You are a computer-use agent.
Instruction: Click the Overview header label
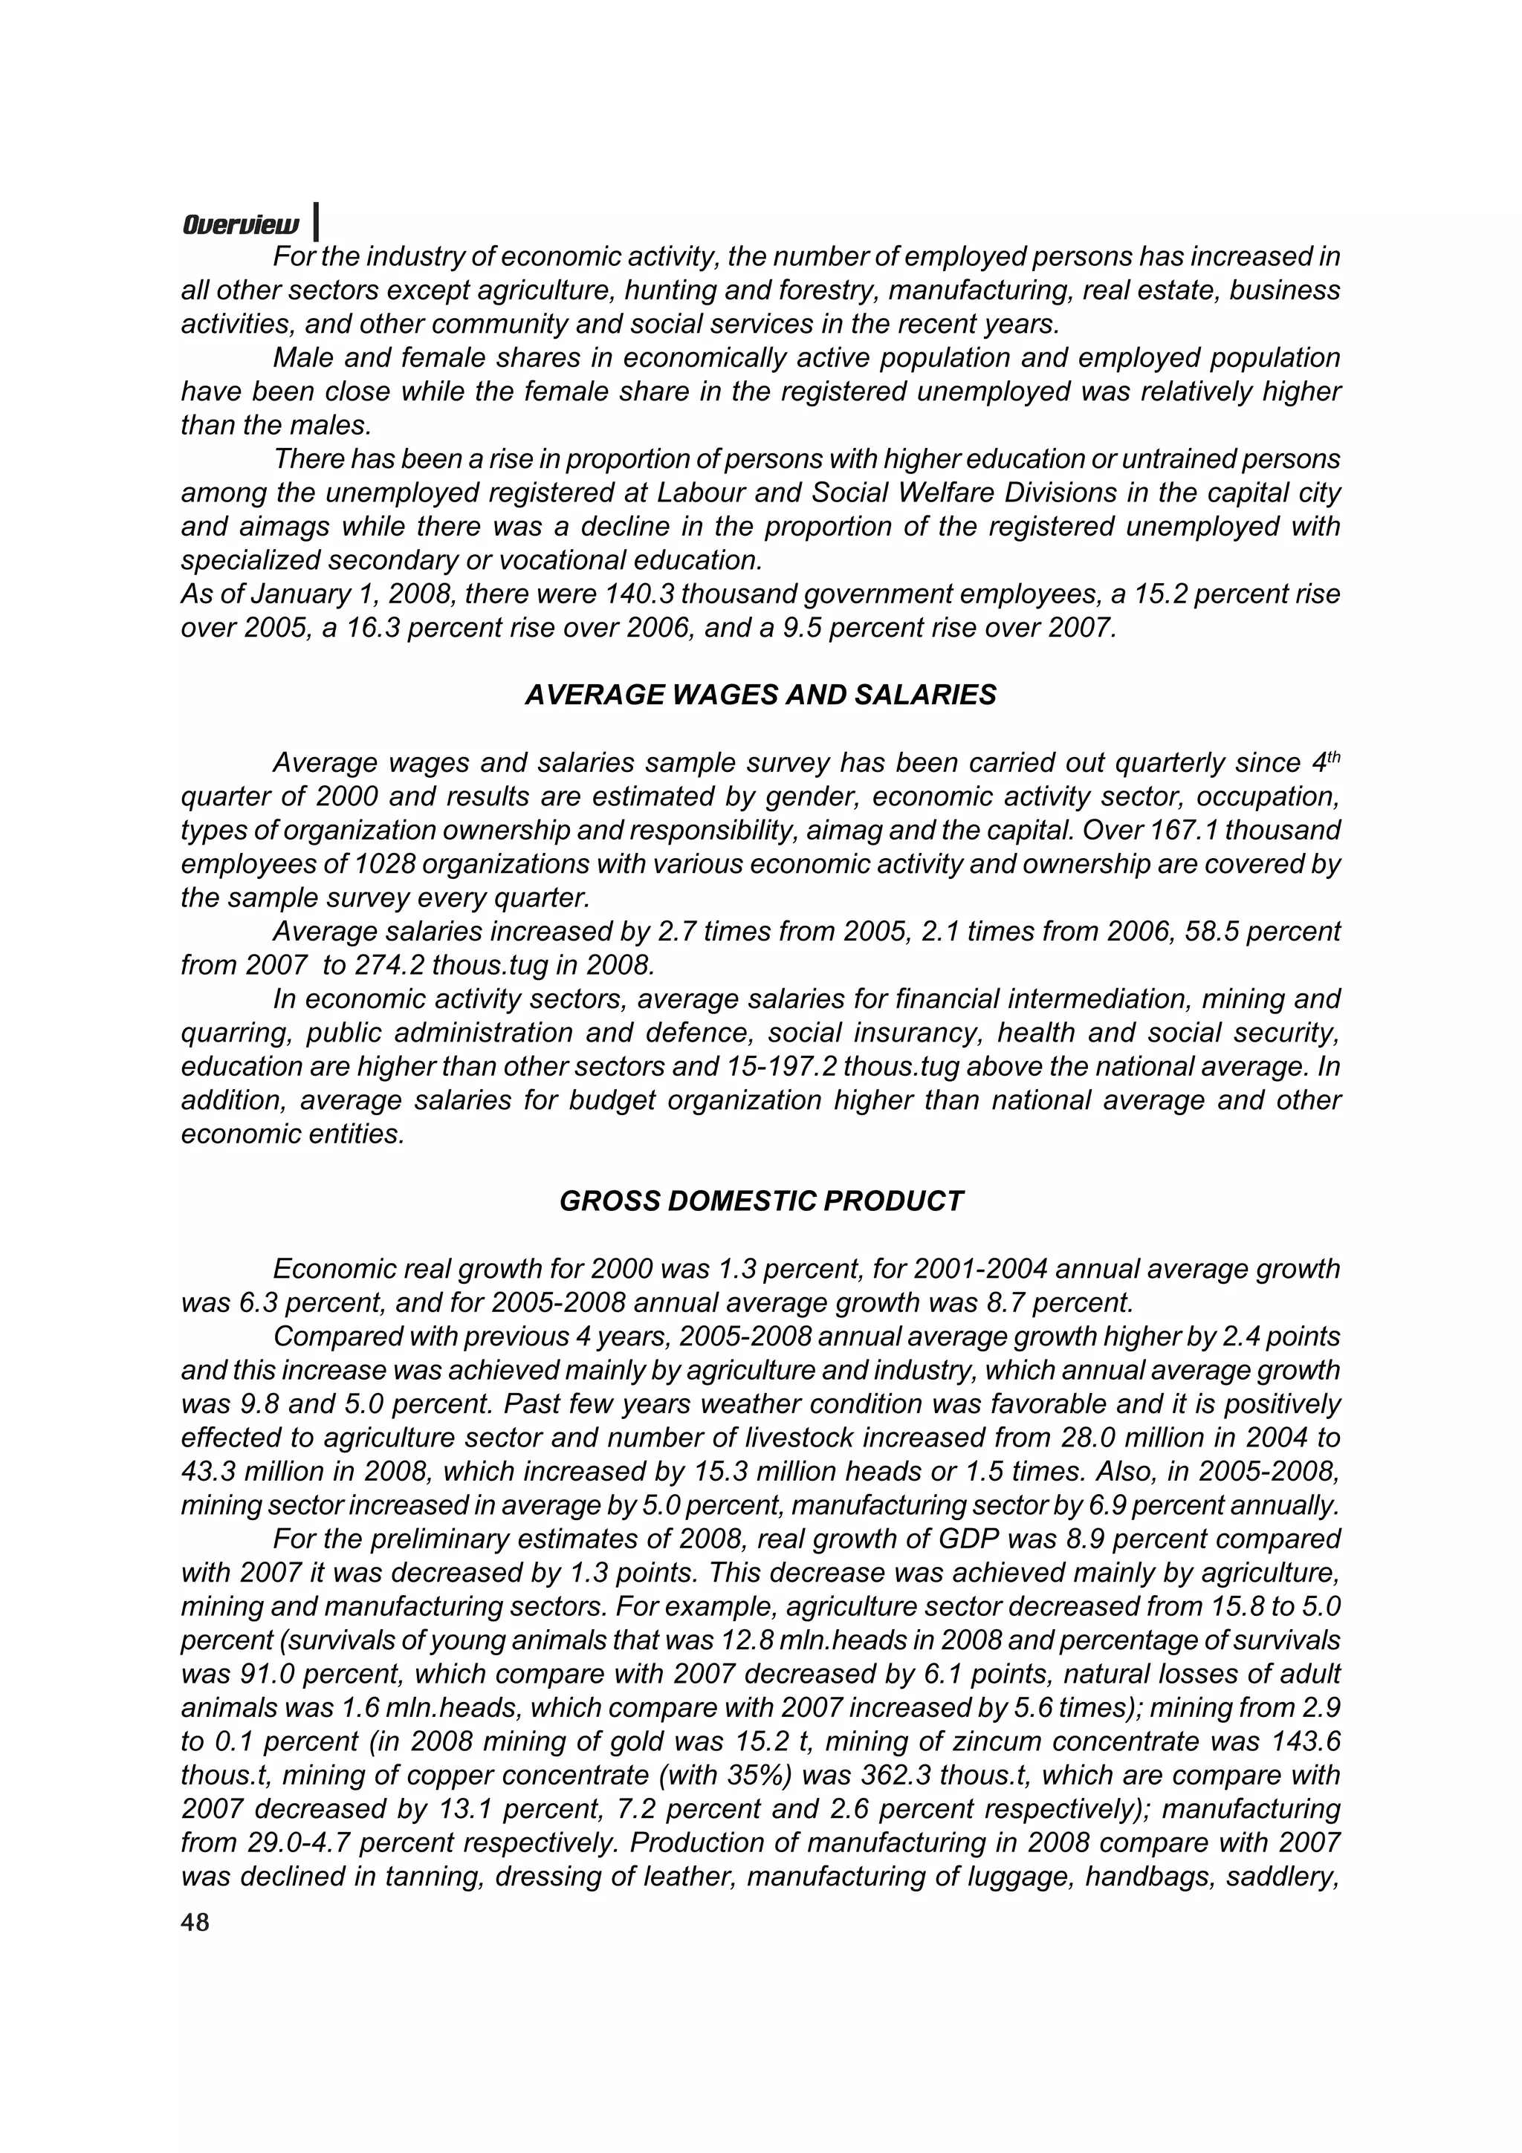(x=241, y=225)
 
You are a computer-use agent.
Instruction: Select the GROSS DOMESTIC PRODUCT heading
(x=760, y=1201)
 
